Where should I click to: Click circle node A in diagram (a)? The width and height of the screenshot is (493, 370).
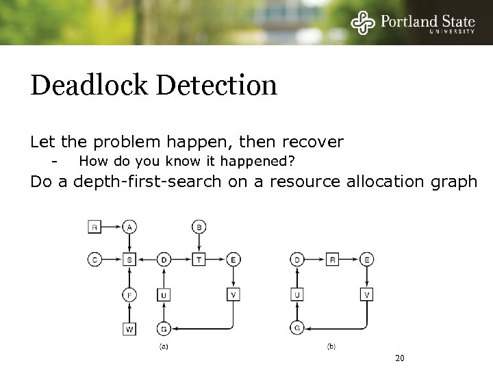129,226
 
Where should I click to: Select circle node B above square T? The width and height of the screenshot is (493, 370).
199,226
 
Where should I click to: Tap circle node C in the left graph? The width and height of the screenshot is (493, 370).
95,259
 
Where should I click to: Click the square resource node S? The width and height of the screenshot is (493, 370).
129,259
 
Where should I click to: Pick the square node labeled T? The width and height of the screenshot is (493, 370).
199,259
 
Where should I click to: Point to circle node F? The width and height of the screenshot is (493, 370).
129,295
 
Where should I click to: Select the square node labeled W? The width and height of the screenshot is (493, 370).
129,329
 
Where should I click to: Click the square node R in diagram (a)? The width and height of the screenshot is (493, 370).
95,226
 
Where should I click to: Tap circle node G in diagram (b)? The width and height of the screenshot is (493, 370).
298,328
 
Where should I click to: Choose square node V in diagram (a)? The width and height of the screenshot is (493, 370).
233,295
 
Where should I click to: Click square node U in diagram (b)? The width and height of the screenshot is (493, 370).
298,295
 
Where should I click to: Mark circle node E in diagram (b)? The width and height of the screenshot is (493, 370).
367,259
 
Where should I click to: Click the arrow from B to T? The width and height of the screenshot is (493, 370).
199,243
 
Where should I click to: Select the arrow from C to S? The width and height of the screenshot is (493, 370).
112,259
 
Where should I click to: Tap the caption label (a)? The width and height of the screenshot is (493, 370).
164,347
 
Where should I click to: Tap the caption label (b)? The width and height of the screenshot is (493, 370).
331,347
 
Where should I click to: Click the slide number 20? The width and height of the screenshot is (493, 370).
401,358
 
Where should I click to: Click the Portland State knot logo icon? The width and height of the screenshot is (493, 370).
364,23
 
